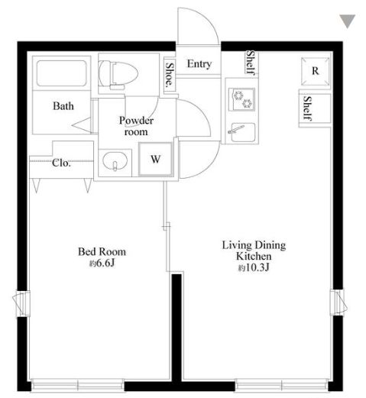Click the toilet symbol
(118, 74)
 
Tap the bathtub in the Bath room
(61, 73)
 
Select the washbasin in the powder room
(115, 161)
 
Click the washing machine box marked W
(156, 159)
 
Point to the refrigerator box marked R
(315, 71)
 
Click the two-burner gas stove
(241, 99)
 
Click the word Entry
(199, 64)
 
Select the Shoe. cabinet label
(170, 74)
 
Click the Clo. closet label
(61, 163)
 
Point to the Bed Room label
(102, 251)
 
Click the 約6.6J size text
(102, 264)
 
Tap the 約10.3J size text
(254, 267)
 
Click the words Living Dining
(254, 245)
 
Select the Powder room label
(136, 126)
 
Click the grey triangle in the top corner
(348, 21)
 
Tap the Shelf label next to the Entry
(251, 63)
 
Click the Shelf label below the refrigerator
(308, 108)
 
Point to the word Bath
(63, 106)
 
